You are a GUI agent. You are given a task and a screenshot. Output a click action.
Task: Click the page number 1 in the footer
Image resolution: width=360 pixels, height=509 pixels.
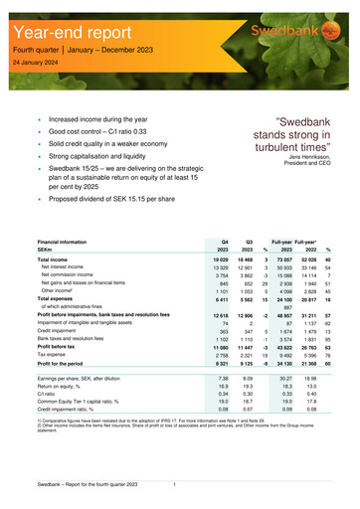175,484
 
